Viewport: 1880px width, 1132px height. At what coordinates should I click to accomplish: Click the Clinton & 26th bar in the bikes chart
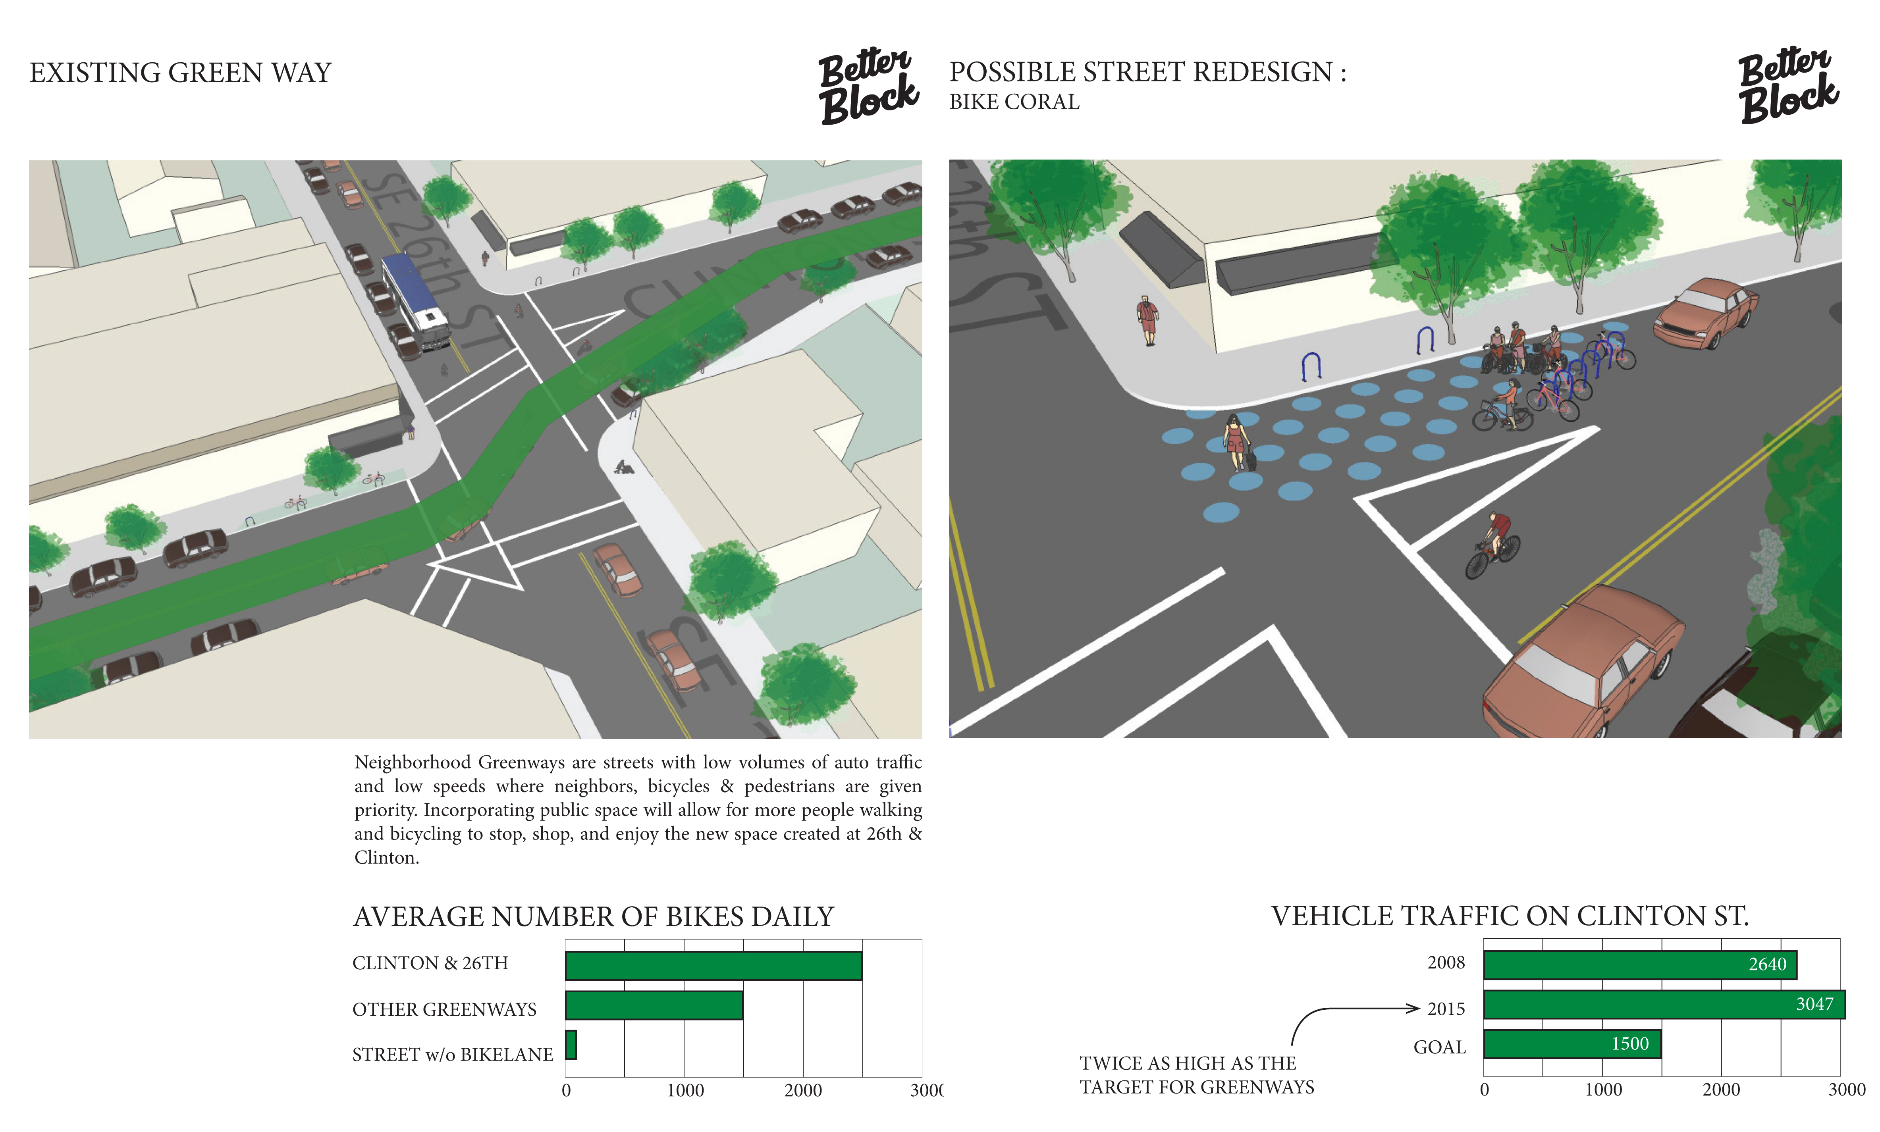[x=713, y=966]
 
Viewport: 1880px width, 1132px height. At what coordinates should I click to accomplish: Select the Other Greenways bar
[x=654, y=1005]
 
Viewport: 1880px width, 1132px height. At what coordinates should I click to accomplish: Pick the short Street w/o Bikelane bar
[x=571, y=1045]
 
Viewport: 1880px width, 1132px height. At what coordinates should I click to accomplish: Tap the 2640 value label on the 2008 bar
[x=1767, y=964]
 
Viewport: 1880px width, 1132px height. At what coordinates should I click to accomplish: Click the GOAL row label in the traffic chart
[x=1439, y=1047]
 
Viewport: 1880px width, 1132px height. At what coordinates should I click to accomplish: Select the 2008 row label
[x=1446, y=963]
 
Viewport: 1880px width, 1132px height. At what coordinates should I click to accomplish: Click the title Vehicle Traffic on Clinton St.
[x=1509, y=916]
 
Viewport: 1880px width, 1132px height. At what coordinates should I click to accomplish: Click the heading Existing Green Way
[x=180, y=73]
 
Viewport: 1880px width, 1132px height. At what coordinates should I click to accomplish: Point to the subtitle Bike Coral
[x=1014, y=102]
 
